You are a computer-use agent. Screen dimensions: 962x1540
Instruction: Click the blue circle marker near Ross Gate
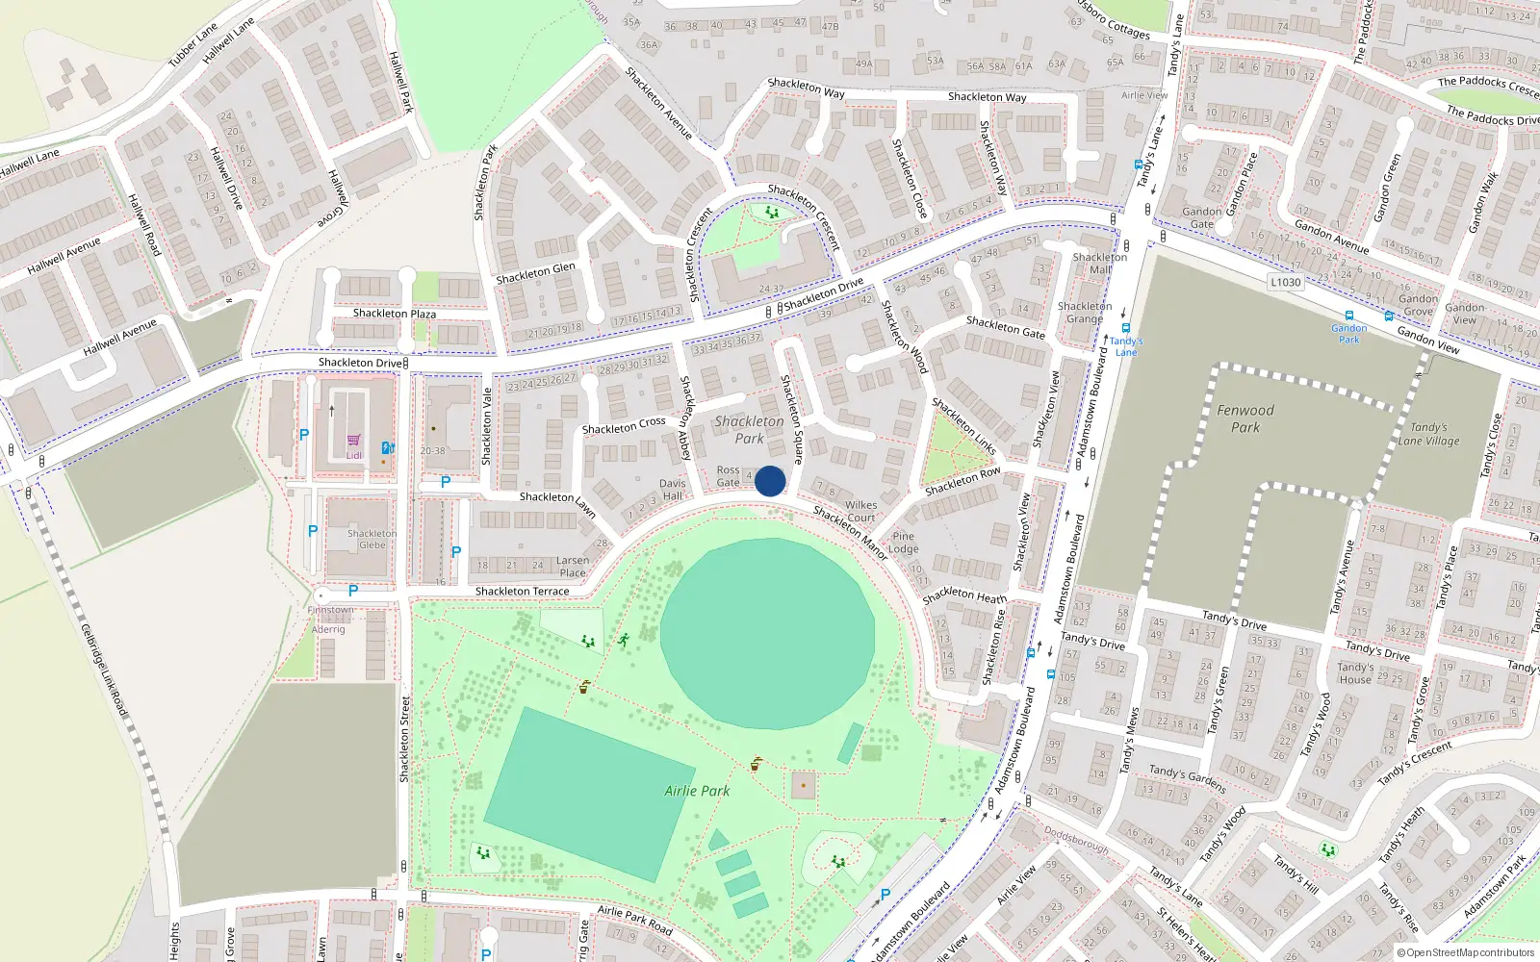(x=770, y=481)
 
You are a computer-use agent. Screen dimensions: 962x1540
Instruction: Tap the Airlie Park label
(x=697, y=791)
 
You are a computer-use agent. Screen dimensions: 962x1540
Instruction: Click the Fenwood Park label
(x=1245, y=418)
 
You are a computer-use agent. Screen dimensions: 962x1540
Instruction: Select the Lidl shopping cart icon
(x=354, y=441)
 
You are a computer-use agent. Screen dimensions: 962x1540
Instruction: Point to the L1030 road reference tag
(x=1285, y=282)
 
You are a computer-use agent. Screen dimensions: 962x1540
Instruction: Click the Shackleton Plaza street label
(x=394, y=314)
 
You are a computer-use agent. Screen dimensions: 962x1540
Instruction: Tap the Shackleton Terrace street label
(x=522, y=591)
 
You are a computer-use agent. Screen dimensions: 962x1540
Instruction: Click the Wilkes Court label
(x=860, y=511)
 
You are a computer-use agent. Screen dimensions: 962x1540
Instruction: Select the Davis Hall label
(x=673, y=490)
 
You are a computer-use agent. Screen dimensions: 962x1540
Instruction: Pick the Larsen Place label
(x=572, y=567)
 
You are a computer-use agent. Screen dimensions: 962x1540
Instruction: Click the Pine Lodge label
(x=903, y=543)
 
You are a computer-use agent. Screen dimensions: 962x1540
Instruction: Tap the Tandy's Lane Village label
(x=1428, y=434)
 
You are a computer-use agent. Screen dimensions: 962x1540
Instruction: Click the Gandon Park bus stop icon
(x=1349, y=316)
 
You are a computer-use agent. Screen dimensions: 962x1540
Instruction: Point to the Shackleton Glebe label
(x=372, y=539)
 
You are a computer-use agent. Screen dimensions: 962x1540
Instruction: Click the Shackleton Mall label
(x=1099, y=264)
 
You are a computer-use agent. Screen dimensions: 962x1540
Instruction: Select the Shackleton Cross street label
(x=624, y=425)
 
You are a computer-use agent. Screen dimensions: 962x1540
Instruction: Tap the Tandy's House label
(x=1355, y=673)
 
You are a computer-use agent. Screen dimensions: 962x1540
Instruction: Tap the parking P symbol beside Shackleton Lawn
(x=446, y=482)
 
